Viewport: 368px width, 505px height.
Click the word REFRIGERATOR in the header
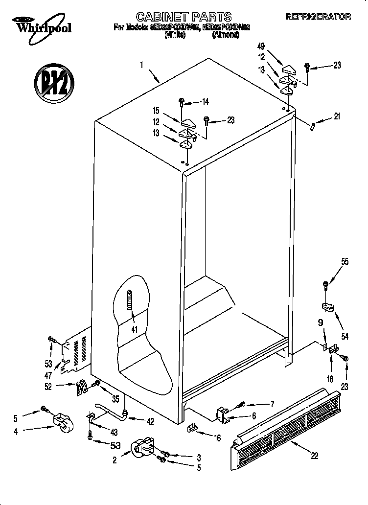tap(318, 17)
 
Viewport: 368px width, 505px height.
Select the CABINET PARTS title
tap(184, 17)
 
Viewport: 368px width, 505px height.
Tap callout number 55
tap(345, 262)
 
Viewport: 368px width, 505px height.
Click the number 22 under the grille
tap(314, 455)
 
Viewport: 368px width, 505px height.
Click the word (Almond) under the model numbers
tap(225, 35)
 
